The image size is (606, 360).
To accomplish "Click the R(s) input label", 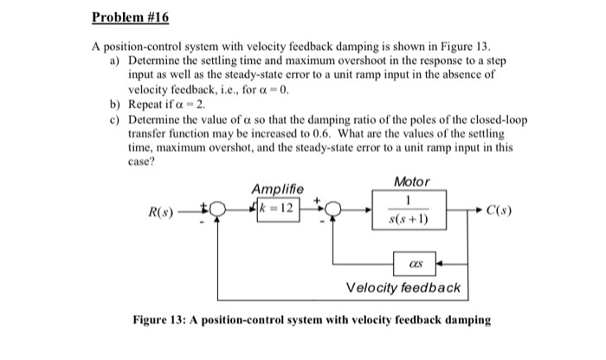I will coord(162,210).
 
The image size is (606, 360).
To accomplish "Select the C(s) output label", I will coord(503,210).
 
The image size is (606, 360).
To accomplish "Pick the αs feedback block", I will coord(417,259).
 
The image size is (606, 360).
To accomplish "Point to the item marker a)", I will coord(116,63).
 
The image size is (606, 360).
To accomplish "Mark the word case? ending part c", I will coord(142,157).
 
